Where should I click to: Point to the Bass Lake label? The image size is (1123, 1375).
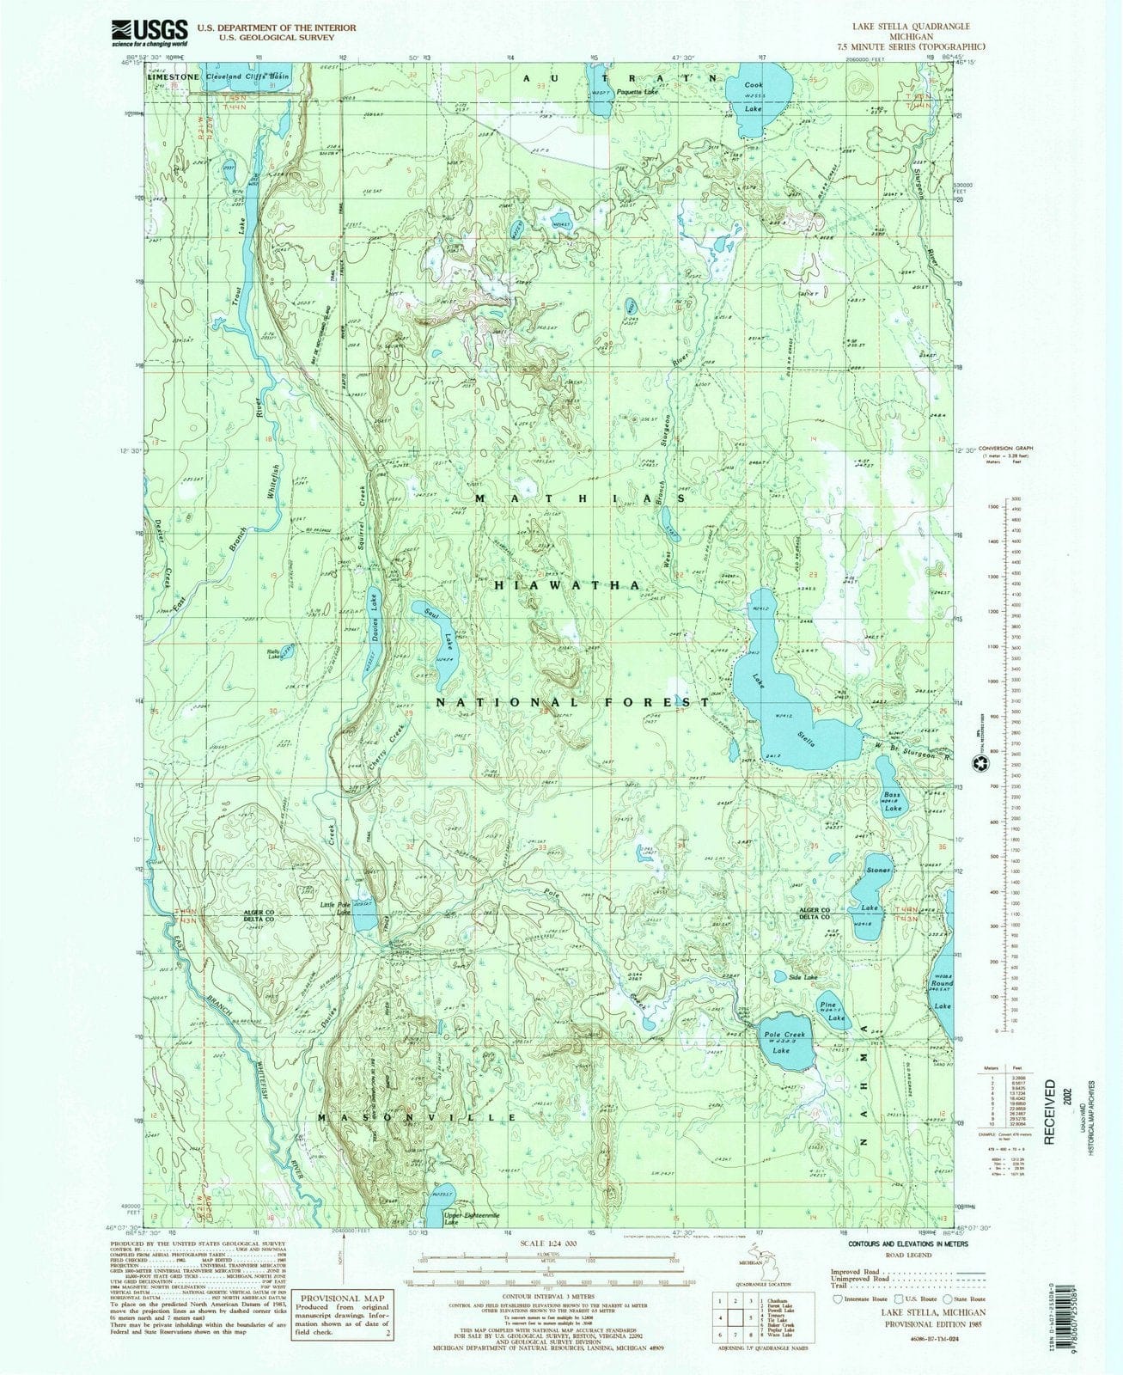(892, 801)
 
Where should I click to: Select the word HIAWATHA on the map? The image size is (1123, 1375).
(566, 584)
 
